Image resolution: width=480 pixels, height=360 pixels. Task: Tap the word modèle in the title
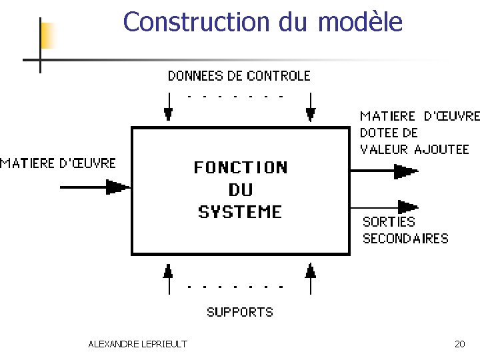pos(360,22)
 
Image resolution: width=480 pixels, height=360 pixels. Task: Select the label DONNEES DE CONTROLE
pos(239,76)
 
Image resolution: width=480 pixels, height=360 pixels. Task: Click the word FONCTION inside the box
pos(241,167)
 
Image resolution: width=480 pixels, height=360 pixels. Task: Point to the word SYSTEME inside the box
pos(241,212)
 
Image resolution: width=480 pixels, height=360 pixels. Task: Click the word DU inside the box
pos(241,190)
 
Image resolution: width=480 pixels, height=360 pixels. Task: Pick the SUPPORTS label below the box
pos(240,312)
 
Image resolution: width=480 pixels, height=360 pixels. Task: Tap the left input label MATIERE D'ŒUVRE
pos(58,163)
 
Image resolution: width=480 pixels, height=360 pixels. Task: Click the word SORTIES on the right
pos(389,222)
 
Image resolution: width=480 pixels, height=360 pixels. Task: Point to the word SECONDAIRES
pos(405,239)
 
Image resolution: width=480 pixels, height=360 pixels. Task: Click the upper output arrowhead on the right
pos(405,171)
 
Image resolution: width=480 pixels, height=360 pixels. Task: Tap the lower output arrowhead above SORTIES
pos(406,207)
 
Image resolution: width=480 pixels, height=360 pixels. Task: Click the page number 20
pos(459,344)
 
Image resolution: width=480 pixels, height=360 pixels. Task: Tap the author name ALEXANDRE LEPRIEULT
pos(137,344)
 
